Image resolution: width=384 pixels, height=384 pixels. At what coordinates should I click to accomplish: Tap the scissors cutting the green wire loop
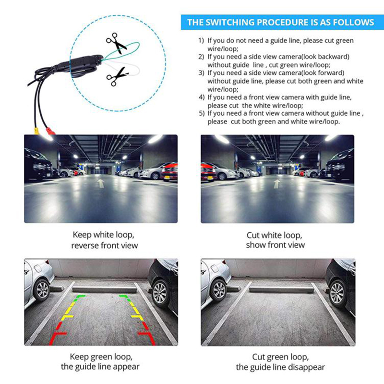tap(116, 43)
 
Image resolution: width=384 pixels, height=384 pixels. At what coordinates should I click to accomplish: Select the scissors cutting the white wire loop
tap(117, 77)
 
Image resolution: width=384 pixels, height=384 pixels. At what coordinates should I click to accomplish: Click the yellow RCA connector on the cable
tap(36, 131)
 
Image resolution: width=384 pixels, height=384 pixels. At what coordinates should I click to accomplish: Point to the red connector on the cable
tap(51, 131)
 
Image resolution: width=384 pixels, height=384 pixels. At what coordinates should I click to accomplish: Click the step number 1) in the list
tap(201, 40)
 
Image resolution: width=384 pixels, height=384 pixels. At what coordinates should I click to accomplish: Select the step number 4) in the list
tap(202, 97)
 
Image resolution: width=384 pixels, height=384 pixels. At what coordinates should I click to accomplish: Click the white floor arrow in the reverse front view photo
tap(101, 183)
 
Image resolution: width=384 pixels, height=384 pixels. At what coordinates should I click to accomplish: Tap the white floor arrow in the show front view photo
tap(277, 184)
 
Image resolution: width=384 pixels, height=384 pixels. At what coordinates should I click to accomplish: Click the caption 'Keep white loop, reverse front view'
tap(104, 240)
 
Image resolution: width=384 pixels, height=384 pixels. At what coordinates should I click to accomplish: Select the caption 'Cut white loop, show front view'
tap(275, 240)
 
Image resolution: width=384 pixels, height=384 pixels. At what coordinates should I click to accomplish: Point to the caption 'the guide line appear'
tap(100, 367)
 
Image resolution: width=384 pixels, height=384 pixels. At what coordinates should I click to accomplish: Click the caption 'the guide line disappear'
tap(280, 367)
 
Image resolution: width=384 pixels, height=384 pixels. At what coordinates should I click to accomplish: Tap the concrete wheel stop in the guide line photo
tap(105, 290)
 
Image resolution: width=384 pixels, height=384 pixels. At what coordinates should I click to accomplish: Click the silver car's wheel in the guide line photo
tap(42, 290)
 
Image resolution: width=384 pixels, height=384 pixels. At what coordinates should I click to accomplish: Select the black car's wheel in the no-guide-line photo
tap(337, 293)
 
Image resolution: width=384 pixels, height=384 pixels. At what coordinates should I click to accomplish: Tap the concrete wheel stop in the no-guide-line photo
tap(281, 290)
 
